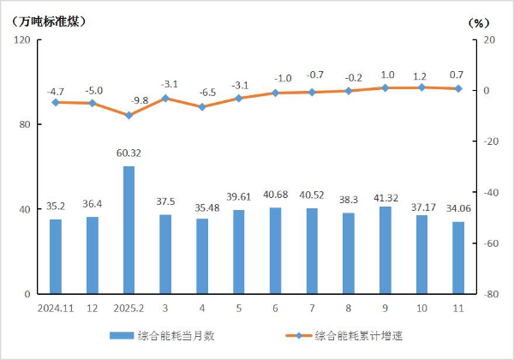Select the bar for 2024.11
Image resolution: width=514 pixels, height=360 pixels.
[56, 256]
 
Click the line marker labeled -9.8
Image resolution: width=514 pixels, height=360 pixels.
[128, 115]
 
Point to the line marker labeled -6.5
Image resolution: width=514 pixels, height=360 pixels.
[202, 107]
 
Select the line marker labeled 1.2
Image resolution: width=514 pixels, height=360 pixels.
[421, 87]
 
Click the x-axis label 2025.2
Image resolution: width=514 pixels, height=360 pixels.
[128, 306]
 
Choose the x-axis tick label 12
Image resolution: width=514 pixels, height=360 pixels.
[92, 306]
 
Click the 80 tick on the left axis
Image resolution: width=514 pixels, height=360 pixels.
[25, 125]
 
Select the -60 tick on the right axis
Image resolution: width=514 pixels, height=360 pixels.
[491, 243]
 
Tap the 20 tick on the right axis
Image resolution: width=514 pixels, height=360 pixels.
[490, 40]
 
